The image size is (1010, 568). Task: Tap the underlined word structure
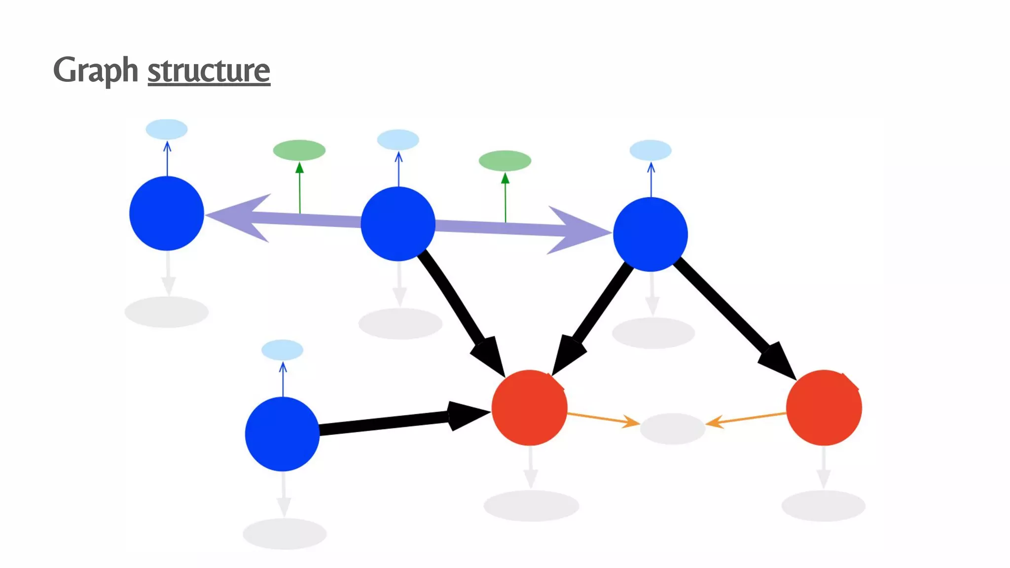[x=209, y=71]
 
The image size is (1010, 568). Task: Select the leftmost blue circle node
[x=167, y=213]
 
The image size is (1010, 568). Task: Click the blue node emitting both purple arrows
[x=398, y=224]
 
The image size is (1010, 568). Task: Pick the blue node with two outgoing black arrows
[x=650, y=234]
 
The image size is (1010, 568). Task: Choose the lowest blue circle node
[x=282, y=434]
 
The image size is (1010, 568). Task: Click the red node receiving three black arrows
[x=529, y=408]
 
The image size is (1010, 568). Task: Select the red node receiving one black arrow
[x=824, y=408]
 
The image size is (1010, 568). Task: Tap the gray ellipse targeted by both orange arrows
[x=672, y=428]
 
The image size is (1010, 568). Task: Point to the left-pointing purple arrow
[x=276, y=218]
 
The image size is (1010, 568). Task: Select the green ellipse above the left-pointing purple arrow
[x=299, y=150]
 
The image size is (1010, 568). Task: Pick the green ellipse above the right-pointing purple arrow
[x=505, y=161]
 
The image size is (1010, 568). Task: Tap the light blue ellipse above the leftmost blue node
[x=167, y=129]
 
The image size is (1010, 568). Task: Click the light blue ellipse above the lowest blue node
[x=282, y=350]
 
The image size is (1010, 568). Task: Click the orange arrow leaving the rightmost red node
[x=747, y=419]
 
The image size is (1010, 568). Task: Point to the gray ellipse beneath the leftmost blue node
[x=167, y=312]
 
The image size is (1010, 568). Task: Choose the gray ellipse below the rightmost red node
[x=824, y=506]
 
